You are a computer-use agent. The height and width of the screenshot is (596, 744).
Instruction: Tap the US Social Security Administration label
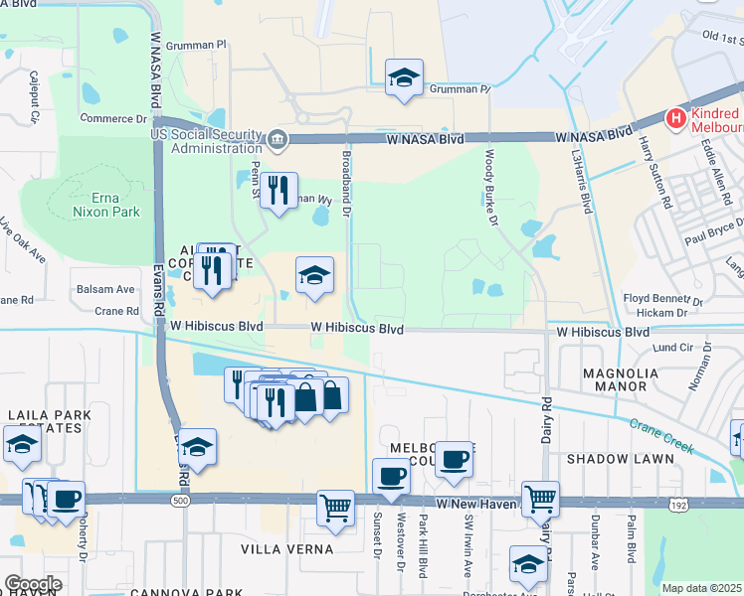[x=206, y=141]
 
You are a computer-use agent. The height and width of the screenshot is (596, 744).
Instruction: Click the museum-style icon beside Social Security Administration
[x=277, y=138]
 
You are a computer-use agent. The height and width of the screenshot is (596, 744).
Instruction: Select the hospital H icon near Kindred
[x=677, y=120]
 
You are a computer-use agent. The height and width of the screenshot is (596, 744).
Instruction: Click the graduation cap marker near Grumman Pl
[x=404, y=77]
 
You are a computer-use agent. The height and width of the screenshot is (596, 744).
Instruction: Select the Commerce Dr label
[x=113, y=119]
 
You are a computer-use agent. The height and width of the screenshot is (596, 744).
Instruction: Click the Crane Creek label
[x=660, y=436]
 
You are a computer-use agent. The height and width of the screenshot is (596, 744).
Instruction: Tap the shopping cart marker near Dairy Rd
[x=540, y=497]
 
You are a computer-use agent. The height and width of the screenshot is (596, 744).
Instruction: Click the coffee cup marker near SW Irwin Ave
[x=454, y=459]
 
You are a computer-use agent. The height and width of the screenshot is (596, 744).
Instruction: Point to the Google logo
[x=33, y=584]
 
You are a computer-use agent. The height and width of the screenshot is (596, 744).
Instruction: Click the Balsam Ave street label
[x=106, y=289]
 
